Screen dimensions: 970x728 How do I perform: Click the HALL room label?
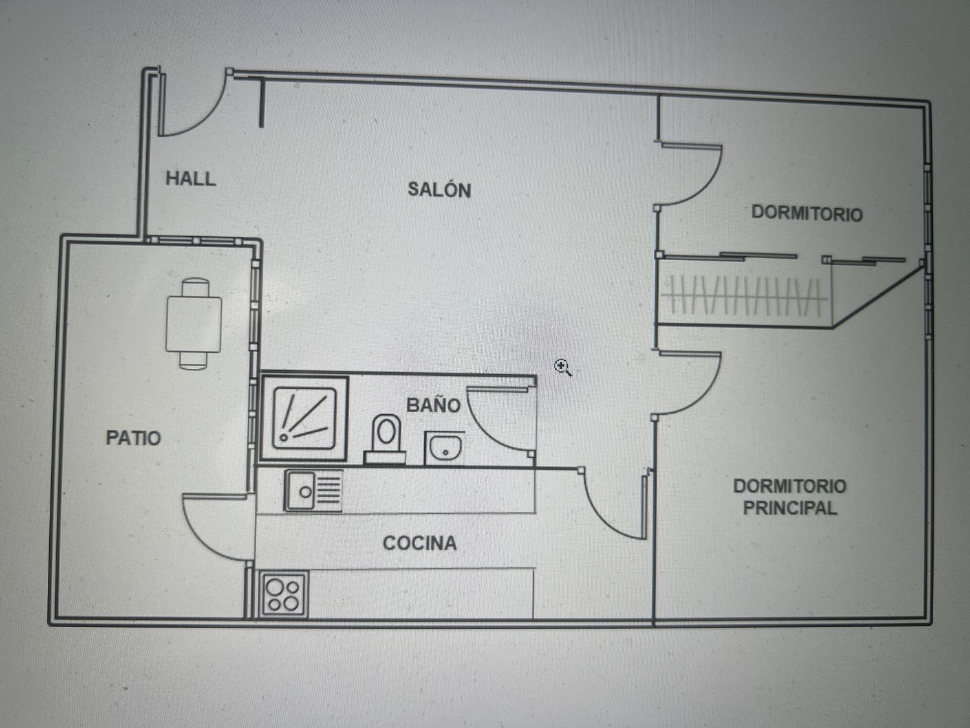point(191,179)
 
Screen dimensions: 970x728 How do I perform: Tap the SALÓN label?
point(439,190)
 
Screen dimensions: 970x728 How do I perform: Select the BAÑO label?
point(433,405)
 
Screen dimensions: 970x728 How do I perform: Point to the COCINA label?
point(420,543)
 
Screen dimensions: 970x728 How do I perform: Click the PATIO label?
point(133,438)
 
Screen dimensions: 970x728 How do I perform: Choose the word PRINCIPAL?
point(790,508)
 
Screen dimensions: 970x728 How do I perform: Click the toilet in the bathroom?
point(385,439)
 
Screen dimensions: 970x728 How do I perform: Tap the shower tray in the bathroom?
point(304,418)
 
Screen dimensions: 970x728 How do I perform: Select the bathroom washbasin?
point(444,448)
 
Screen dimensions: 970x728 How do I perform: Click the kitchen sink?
point(314,491)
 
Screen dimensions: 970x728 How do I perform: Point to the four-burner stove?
point(284,595)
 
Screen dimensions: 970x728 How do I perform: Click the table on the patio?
point(193,324)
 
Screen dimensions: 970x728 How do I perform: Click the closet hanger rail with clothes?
point(744,295)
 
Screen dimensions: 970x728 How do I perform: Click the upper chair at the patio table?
point(195,287)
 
